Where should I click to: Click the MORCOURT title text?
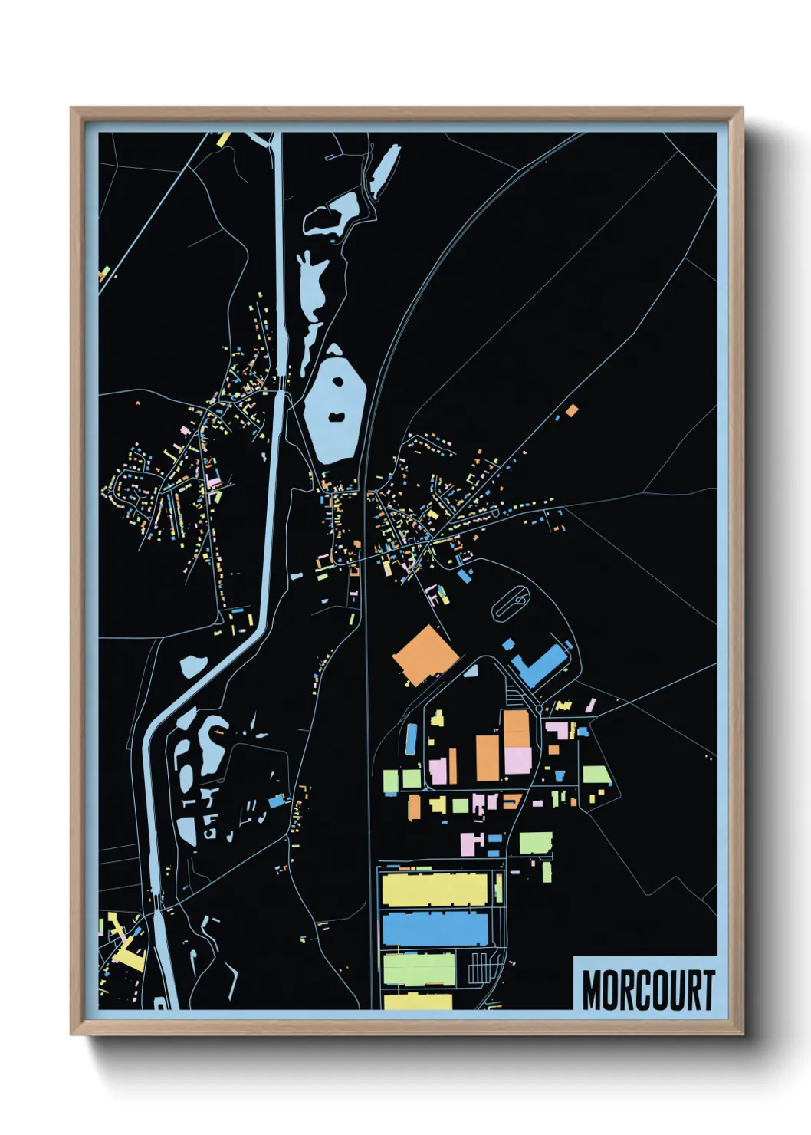[x=648, y=990]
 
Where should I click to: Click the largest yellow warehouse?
[x=435, y=890]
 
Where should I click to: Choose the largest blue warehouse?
[x=435, y=929]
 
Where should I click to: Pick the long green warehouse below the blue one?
[x=419, y=969]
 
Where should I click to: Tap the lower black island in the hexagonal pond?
[x=335, y=417]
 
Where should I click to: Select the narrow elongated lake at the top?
[x=384, y=169]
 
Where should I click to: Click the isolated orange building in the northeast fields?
[x=571, y=411]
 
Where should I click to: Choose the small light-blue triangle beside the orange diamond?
[x=471, y=671]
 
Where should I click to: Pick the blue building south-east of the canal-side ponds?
[x=276, y=802]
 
